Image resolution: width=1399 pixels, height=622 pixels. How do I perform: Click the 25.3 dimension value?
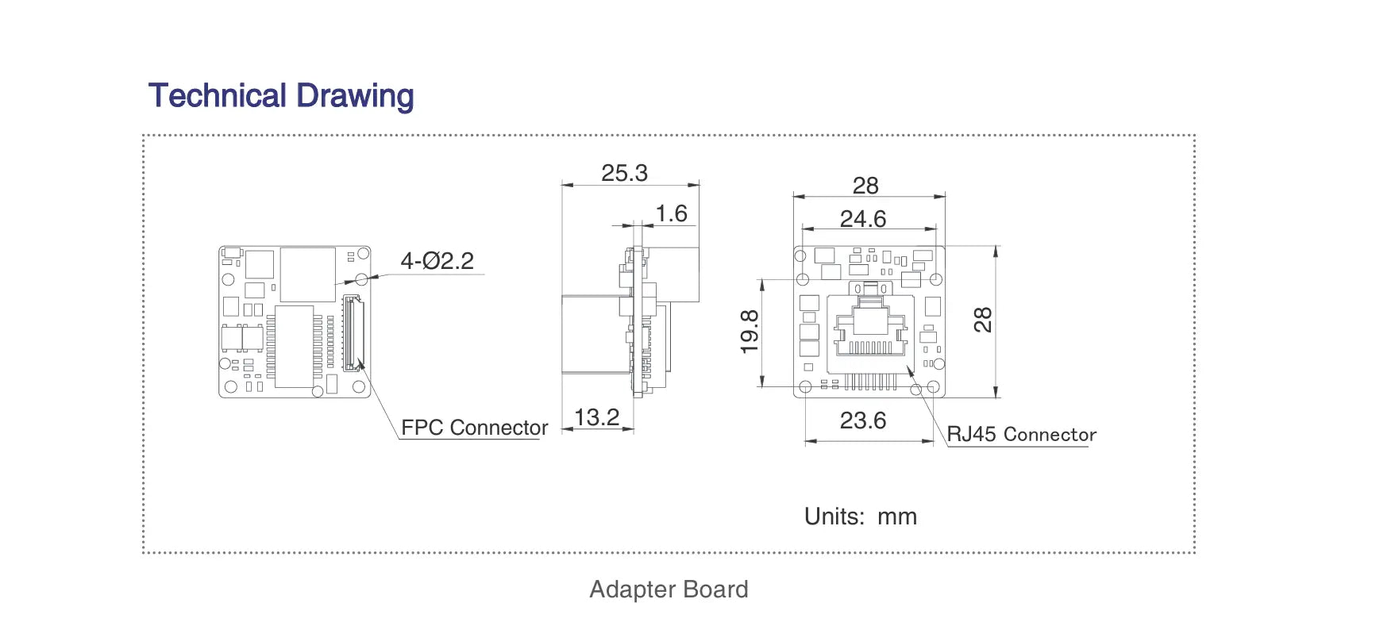[624, 173]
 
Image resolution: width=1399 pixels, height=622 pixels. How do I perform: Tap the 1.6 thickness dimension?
[671, 213]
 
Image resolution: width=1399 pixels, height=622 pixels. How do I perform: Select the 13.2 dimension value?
[596, 417]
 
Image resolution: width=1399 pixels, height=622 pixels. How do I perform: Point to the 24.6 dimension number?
[863, 219]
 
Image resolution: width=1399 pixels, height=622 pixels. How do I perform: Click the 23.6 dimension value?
[863, 420]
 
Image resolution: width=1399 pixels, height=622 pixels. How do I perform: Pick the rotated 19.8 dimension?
[750, 331]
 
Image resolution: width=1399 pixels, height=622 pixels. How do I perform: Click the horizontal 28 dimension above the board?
[865, 186]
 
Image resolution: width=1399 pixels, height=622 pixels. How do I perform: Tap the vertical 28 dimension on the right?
[983, 320]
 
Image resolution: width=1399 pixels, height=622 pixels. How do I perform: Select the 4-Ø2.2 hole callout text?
[437, 261]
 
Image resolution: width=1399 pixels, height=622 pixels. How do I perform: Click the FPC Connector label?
[474, 428]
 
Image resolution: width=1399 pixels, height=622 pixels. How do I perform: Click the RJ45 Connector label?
[1021, 435]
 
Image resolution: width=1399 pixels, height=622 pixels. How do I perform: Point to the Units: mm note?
[860, 516]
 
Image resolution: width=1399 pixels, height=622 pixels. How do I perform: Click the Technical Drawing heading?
[281, 96]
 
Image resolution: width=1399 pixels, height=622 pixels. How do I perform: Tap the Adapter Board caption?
[669, 589]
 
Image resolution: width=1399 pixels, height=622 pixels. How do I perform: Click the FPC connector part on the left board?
[353, 333]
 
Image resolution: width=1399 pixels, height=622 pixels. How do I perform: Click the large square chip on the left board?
[308, 274]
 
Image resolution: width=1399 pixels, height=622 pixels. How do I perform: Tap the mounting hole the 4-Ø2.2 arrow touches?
[362, 279]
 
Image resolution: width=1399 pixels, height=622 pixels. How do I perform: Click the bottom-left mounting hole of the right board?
[805, 387]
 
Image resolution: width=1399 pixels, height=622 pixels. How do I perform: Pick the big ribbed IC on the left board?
[295, 347]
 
